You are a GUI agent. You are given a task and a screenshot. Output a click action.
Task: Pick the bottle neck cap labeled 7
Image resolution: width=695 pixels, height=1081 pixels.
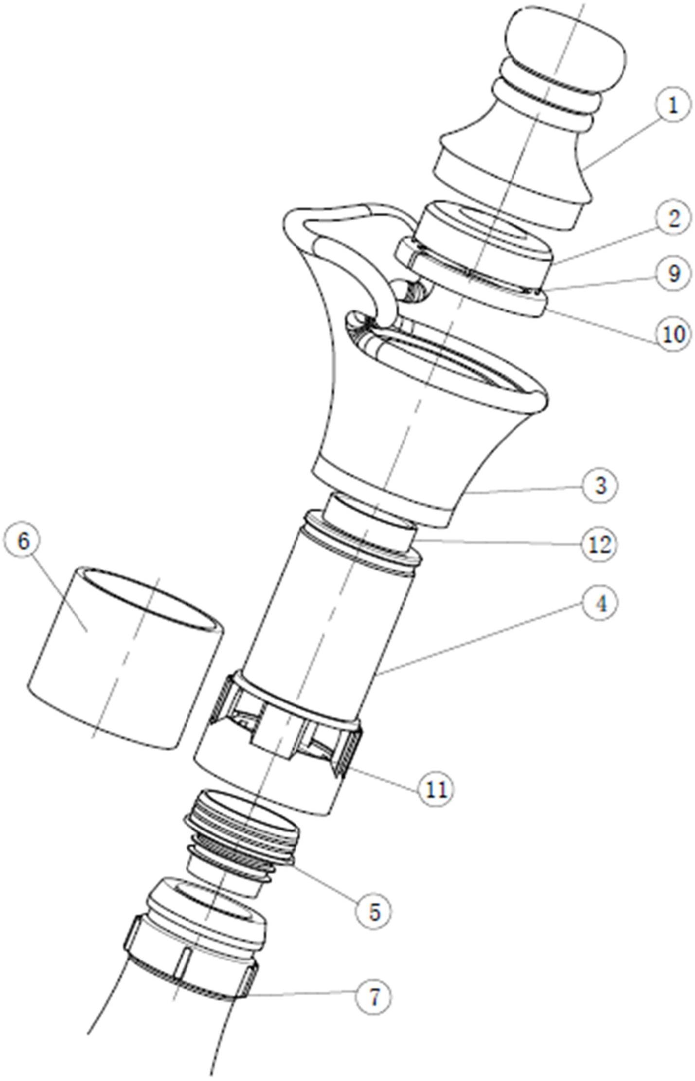(195, 954)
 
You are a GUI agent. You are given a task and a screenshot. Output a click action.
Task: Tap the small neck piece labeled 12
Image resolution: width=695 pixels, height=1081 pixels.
(370, 521)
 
